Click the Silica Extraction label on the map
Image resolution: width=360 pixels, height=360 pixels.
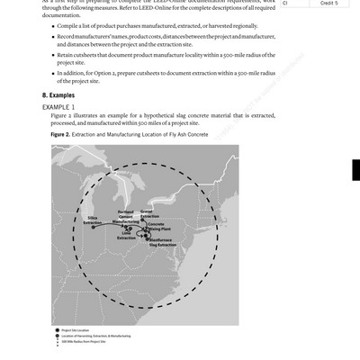click(x=92, y=221)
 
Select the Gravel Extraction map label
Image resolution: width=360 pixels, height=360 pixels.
click(x=149, y=214)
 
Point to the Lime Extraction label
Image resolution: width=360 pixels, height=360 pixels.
click(x=127, y=236)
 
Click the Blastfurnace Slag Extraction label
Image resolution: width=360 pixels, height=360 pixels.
click(x=163, y=243)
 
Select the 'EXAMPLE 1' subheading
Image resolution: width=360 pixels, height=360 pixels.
click(x=59, y=106)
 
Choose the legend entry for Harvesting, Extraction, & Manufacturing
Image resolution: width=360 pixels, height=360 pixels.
click(x=98, y=336)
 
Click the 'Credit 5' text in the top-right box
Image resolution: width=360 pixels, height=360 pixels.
click(x=328, y=4)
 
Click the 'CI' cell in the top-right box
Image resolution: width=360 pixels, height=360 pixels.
click(x=286, y=4)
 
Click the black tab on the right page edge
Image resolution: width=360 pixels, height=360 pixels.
click(x=355, y=171)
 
